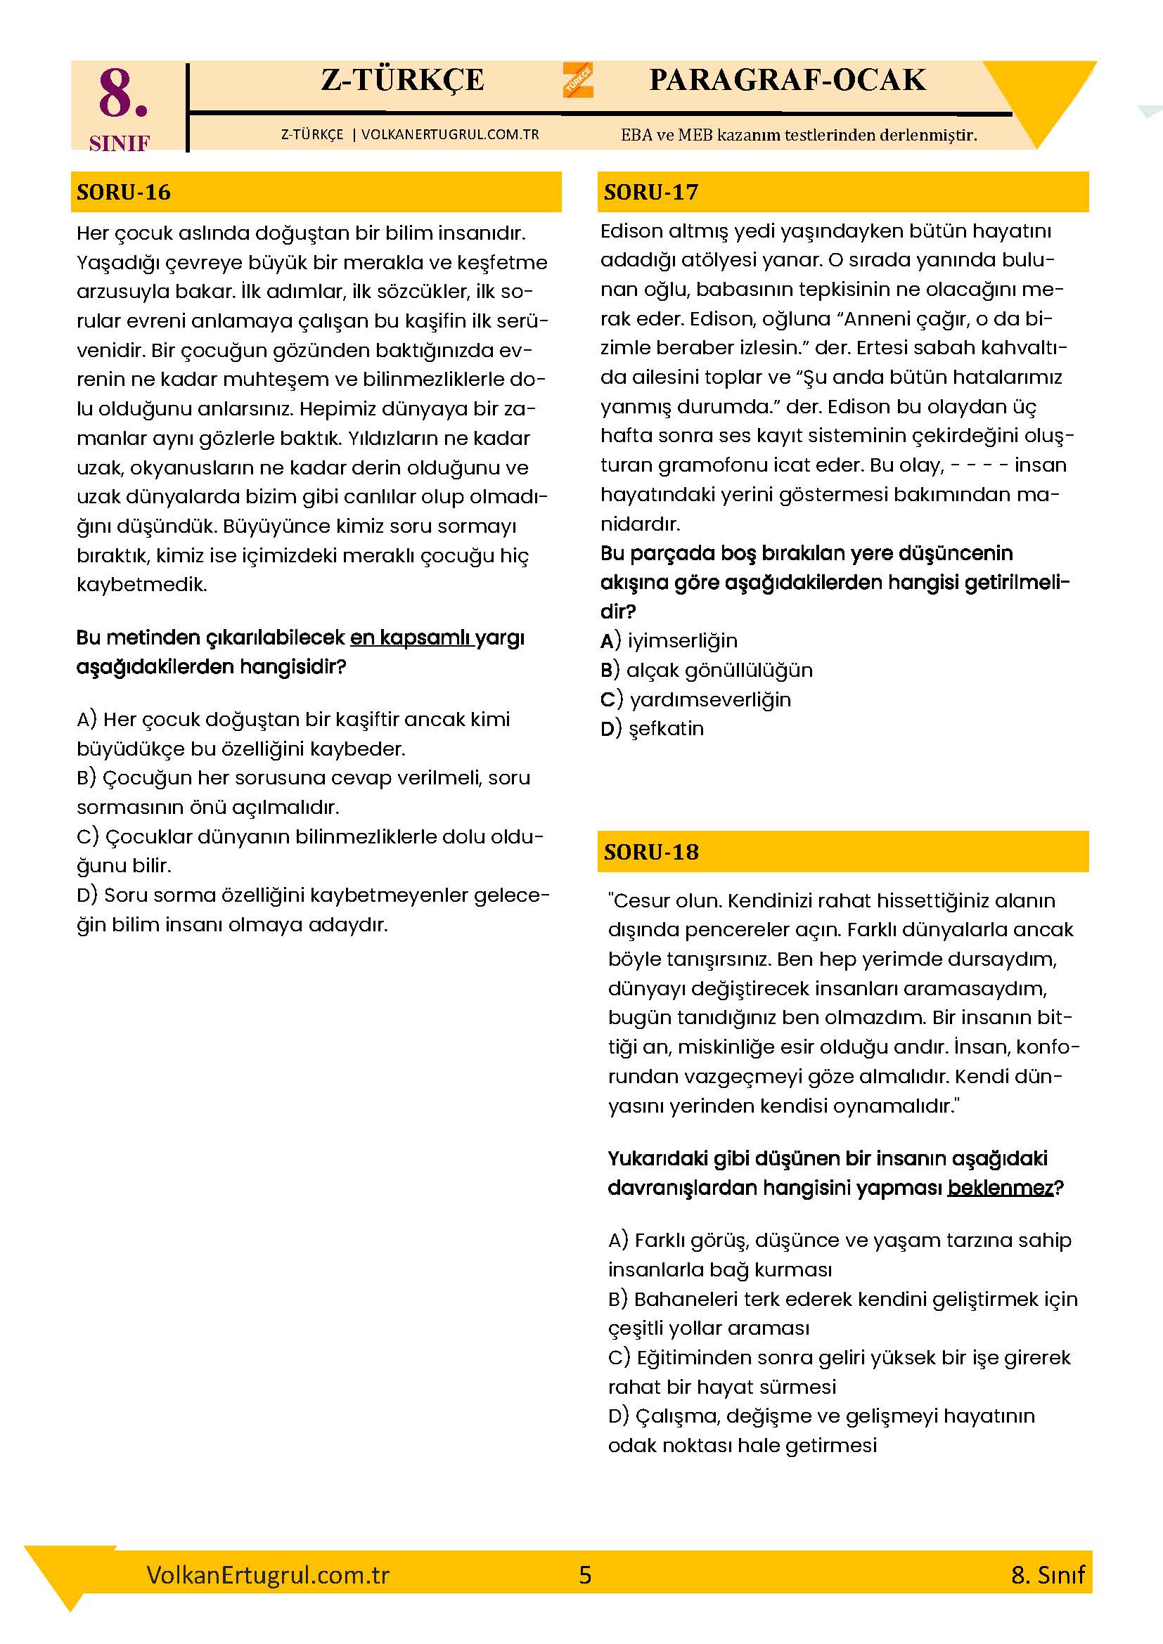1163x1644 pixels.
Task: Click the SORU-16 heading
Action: click(124, 192)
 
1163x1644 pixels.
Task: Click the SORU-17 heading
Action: click(650, 192)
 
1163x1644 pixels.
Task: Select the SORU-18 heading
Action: click(650, 852)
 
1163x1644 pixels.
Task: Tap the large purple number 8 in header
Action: click(123, 94)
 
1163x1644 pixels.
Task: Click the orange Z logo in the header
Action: click(578, 79)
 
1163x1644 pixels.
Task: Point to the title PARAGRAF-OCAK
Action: click(787, 80)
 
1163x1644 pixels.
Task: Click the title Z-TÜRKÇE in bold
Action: click(402, 80)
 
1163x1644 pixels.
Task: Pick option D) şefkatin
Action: click(653, 729)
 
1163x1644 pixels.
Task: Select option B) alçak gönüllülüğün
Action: click(706, 671)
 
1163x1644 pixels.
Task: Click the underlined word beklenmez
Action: click(1000, 1188)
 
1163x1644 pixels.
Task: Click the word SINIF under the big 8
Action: click(120, 144)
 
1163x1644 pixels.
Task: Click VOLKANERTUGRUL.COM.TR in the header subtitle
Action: click(451, 135)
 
